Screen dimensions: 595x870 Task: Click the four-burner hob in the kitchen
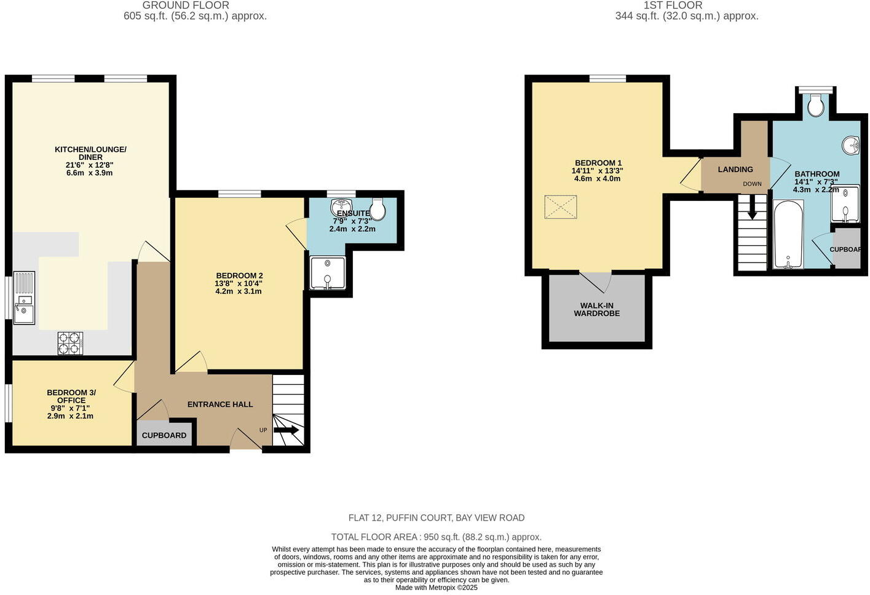point(70,343)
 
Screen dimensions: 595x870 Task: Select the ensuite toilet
point(378,210)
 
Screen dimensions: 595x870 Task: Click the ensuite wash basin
point(340,205)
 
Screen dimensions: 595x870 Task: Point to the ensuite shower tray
point(328,273)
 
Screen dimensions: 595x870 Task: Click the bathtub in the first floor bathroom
point(788,234)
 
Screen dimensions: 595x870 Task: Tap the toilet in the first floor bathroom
point(815,105)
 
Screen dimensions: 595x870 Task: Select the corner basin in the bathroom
point(852,146)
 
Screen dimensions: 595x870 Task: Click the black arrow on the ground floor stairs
point(286,430)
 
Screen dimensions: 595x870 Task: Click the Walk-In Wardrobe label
point(596,310)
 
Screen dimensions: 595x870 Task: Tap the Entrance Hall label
point(220,404)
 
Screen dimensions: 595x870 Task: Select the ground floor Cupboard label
point(164,435)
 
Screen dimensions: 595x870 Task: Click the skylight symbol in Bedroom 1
point(561,207)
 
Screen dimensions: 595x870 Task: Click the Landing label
point(735,170)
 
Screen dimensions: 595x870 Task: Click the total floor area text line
point(436,537)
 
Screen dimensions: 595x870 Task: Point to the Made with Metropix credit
point(436,588)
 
